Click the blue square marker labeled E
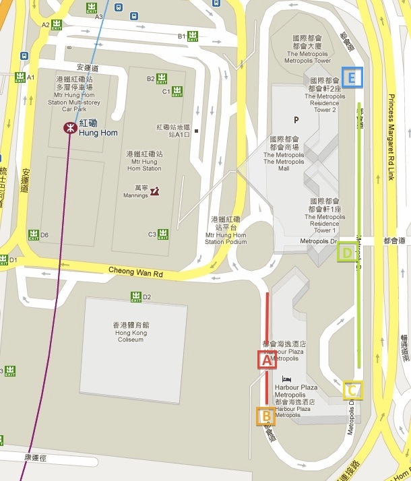tap(352, 77)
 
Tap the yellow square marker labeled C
tap(352, 391)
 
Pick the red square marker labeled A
tap(267, 360)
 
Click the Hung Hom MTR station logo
tap(70, 127)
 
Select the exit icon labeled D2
tap(136, 296)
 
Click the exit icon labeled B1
tap(192, 36)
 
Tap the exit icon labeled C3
tap(162, 234)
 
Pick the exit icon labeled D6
tap(34, 234)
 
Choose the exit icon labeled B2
tap(162, 79)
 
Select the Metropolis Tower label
tap(308, 60)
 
